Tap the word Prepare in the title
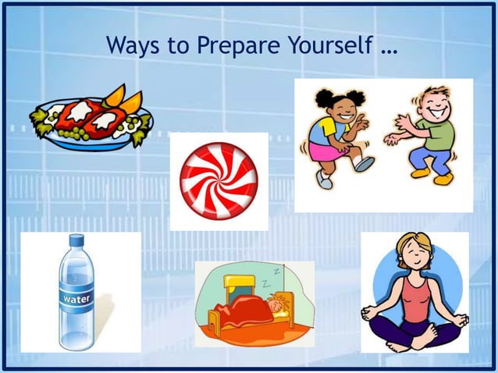tap(233, 47)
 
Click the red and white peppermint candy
tap(219, 180)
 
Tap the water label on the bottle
tap(76, 299)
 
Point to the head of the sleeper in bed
tap(278, 301)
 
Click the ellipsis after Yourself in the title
tap(389, 48)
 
